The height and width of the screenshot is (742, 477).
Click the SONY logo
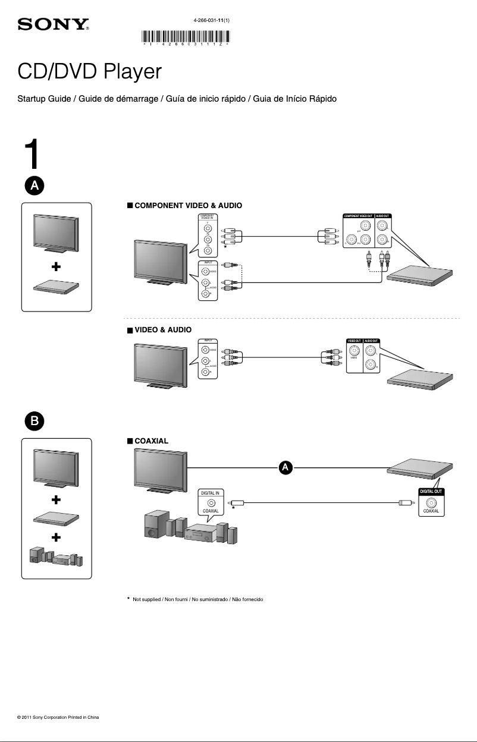54,24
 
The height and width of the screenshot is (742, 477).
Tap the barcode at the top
186,37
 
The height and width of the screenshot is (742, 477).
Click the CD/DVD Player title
89,72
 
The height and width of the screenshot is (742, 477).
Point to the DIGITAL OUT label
432,492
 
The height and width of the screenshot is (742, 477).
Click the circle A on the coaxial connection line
285,468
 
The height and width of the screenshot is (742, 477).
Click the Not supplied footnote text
198,599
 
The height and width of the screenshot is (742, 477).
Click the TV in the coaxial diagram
159,470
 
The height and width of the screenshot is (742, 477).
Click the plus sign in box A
56,268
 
